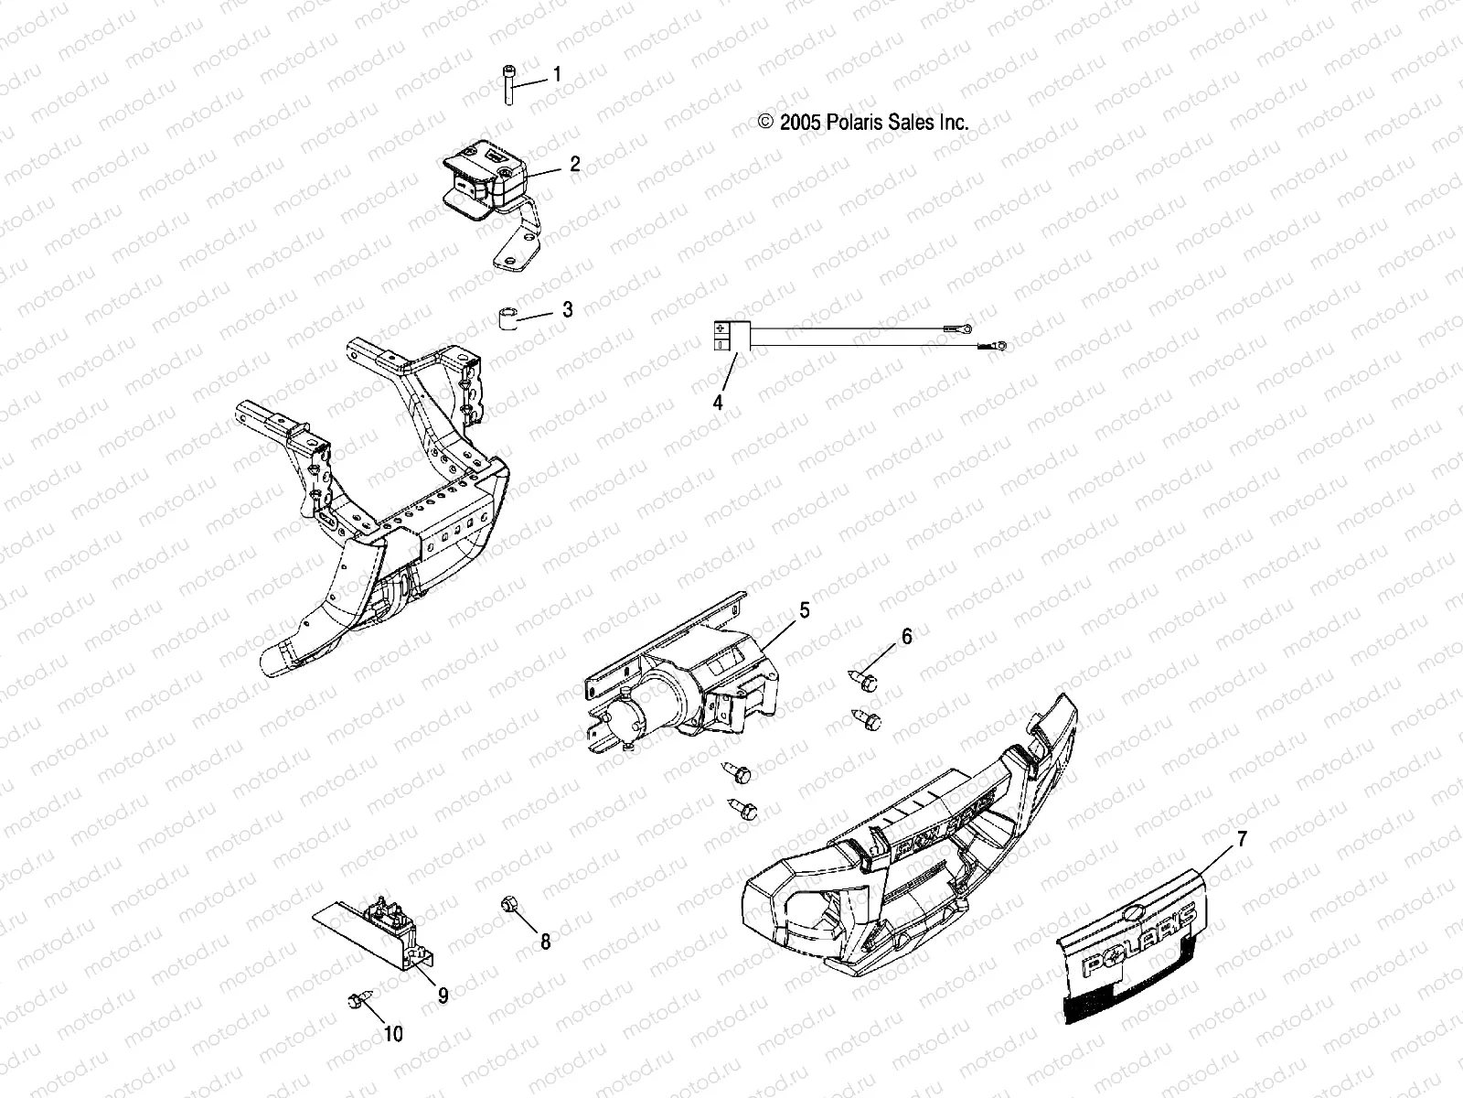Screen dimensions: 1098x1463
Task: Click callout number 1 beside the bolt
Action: click(x=557, y=74)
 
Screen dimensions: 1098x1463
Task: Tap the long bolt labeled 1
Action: click(x=507, y=86)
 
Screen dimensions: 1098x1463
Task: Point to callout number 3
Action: click(x=567, y=309)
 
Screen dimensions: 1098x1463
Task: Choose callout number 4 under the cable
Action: click(x=718, y=402)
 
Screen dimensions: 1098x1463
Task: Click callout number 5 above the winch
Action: click(x=805, y=609)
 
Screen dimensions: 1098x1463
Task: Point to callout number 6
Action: click(x=906, y=636)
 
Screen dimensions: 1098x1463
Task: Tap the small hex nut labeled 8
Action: click(x=509, y=906)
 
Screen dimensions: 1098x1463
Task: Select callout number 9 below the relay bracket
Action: click(x=443, y=996)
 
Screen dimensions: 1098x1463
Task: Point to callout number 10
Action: click(x=393, y=1034)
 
